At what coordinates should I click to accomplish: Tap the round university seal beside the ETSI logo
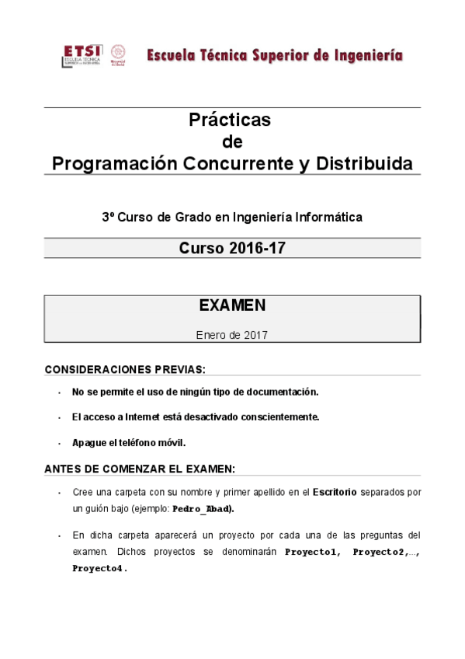(x=119, y=54)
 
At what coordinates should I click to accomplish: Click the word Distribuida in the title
(x=366, y=164)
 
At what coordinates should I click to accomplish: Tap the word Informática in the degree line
(x=330, y=218)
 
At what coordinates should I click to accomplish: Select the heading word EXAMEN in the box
(x=232, y=305)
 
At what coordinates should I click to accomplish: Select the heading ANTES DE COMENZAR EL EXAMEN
(x=140, y=469)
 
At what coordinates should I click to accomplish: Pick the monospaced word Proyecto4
(x=99, y=568)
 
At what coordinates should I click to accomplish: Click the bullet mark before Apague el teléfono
(x=60, y=443)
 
